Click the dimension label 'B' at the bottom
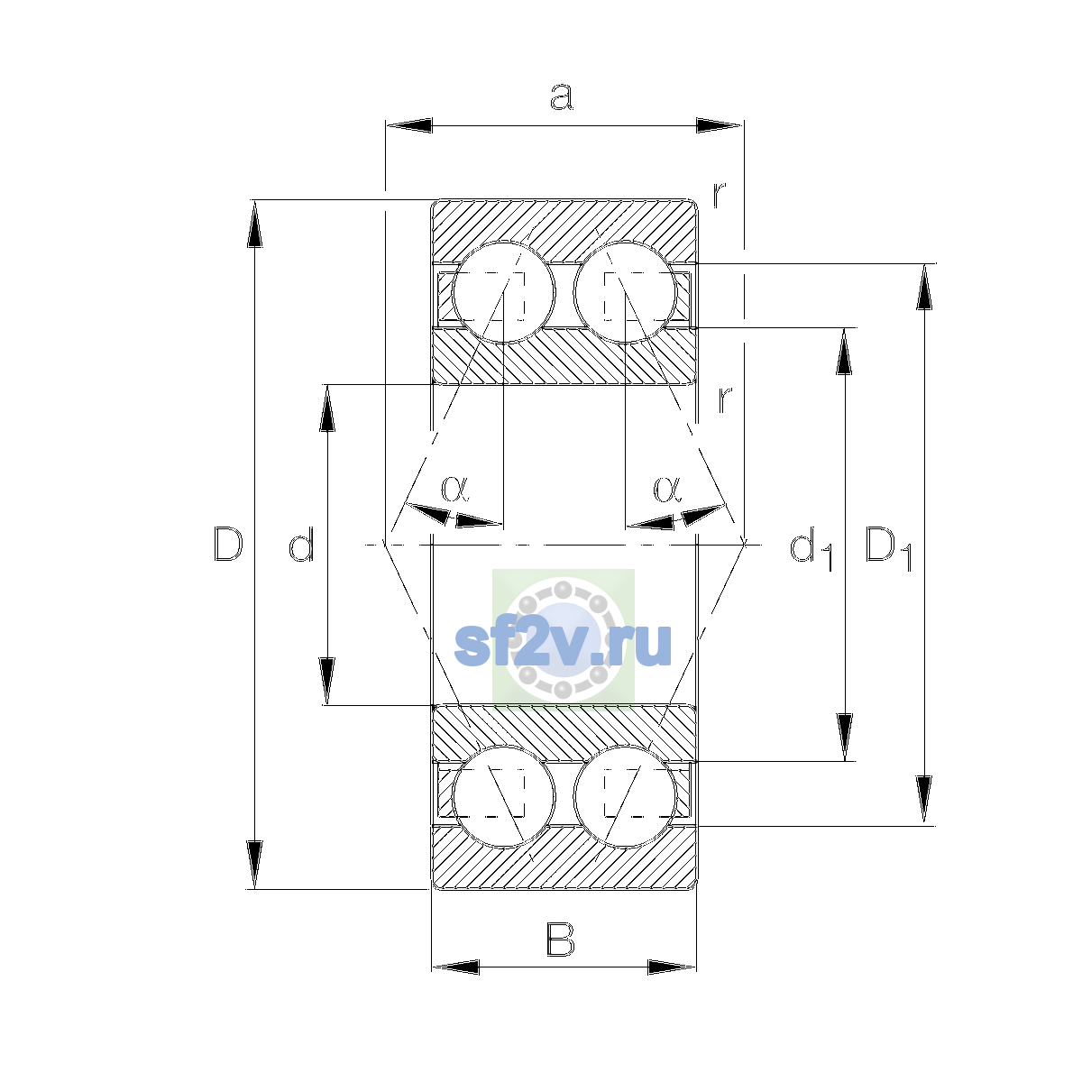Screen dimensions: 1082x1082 (x=560, y=939)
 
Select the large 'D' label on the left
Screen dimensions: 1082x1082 (x=228, y=544)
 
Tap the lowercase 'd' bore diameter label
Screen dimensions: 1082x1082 (x=301, y=544)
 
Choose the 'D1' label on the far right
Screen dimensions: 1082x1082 (x=888, y=548)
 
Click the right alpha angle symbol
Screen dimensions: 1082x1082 (x=667, y=488)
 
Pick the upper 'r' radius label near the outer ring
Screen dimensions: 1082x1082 (x=720, y=194)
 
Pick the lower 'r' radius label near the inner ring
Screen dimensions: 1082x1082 (x=725, y=399)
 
